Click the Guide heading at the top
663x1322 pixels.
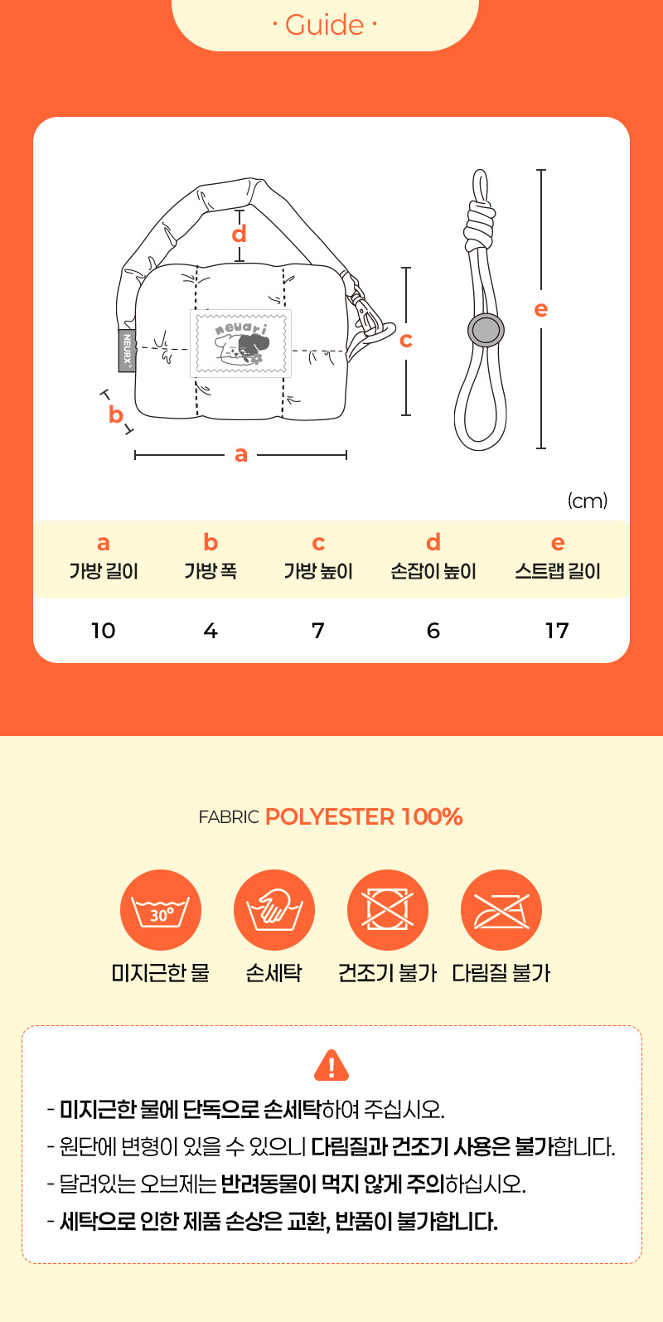click(x=324, y=25)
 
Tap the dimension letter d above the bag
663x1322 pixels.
click(x=239, y=235)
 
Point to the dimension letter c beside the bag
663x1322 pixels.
click(x=406, y=341)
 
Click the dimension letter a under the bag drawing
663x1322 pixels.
click(x=240, y=454)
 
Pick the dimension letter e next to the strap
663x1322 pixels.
click(x=541, y=309)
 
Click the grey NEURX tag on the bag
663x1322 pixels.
click(x=127, y=350)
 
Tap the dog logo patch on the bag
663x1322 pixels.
click(x=240, y=343)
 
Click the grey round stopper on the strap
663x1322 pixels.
click(x=486, y=330)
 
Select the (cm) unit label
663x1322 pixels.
click(x=588, y=501)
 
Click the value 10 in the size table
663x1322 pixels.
click(x=104, y=631)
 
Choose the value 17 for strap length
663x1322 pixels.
click(x=557, y=631)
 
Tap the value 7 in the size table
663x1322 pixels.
click(x=318, y=631)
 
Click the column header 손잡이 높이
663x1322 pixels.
click(x=433, y=571)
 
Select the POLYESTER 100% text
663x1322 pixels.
click(x=364, y=816)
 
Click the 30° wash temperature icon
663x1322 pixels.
click(x=161, y=909)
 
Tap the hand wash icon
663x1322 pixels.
click(x=273, y=909)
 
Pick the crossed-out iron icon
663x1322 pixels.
click(x=501, y=909)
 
